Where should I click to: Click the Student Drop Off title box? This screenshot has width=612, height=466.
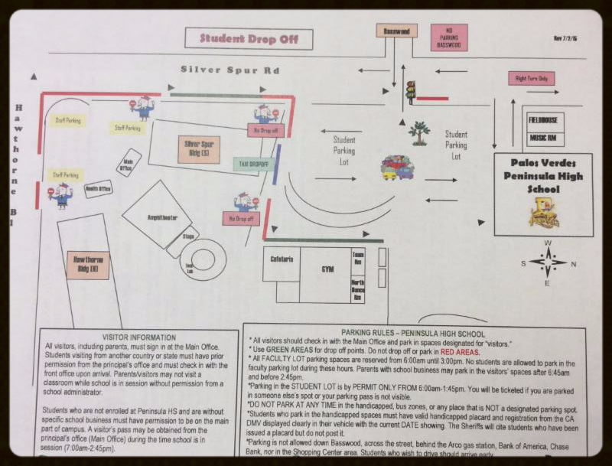point(249,38)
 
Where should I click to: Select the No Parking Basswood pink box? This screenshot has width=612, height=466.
point(449,37)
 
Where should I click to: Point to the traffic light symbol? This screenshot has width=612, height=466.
point(411,91)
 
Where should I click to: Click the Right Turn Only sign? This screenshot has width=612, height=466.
point(531,78)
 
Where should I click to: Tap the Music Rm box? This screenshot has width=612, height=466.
point(545,138)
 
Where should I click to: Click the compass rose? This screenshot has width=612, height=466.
point(548,262)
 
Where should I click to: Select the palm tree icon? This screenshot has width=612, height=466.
point(418,133)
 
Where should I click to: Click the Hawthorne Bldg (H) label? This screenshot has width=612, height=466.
point(87,265)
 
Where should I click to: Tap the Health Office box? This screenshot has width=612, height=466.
point(98,188)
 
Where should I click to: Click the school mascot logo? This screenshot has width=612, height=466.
point(543,213)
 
